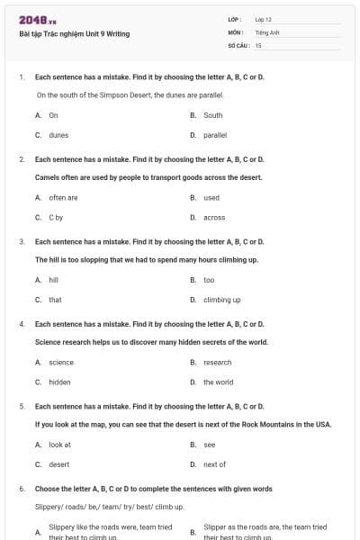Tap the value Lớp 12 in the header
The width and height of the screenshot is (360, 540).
point(264,19)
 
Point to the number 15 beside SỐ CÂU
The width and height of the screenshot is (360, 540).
point(258,44)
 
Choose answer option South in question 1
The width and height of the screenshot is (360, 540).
point(212,115)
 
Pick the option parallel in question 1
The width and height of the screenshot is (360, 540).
point(215,135)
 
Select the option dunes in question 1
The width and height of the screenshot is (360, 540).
point(58,135)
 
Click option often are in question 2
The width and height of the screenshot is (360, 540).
point(63,197)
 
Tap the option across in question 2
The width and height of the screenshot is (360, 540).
point(214,217)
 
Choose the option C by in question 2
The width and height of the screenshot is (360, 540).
point(56,217)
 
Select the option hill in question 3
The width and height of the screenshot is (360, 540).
point(54,280)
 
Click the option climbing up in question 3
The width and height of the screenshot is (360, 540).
point(221,300)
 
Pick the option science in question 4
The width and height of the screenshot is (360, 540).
point(61,362)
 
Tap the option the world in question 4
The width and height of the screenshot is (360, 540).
point(218,382)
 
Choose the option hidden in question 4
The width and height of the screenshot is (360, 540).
point(59,382)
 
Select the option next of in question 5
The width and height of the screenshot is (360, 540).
point(214,464)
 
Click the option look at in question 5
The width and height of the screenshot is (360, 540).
point(59,445)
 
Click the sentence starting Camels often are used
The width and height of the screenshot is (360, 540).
point(148,177)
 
